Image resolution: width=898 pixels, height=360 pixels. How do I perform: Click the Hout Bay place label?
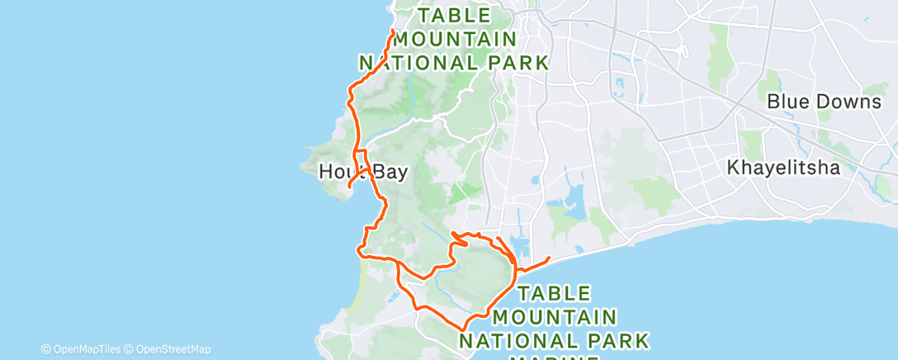click(363, 171)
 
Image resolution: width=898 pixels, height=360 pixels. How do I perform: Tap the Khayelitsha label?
click(783, 168)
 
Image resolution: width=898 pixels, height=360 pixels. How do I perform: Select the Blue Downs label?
click(823, 102)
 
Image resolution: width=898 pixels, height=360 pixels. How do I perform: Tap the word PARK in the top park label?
click(518, 62)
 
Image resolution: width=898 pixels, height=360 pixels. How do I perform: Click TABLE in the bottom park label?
click(554, 293)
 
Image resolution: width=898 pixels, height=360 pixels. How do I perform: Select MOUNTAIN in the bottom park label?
click(555, 316)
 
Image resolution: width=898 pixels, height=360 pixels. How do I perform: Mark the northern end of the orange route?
click(391, 31)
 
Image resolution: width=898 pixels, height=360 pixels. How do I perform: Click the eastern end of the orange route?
click(549, 259)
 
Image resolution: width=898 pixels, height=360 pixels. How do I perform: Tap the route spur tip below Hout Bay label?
click(350, 186)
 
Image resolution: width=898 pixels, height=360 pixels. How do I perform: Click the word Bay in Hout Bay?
click(390, 171)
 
